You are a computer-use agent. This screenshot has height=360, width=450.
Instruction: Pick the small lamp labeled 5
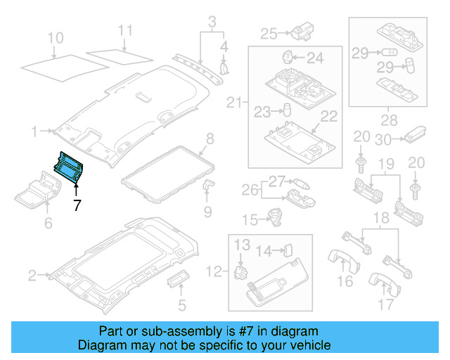click(176, 282)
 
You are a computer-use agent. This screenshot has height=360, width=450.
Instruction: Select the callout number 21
click(234, 104)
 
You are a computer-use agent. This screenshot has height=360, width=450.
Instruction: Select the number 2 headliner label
click(32, 275)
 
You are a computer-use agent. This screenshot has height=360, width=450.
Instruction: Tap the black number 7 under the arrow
click(77, 206)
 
